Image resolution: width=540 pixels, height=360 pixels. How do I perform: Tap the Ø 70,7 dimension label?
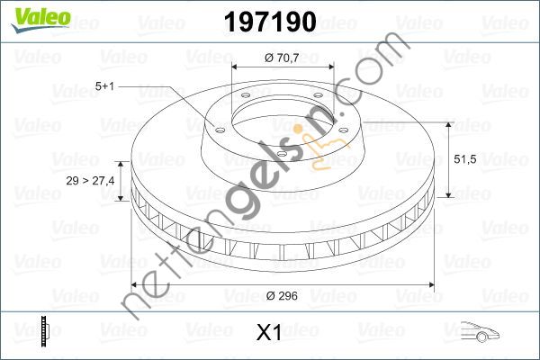point(282,58)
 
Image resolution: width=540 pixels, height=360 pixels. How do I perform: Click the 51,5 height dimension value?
point(463,158)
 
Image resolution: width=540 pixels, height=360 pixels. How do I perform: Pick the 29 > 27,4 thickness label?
point(91,181)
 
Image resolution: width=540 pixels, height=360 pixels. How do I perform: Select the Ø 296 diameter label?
point(282,292)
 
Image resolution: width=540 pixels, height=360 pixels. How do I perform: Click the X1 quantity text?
point(269,333)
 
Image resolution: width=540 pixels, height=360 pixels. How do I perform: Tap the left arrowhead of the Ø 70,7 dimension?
point(236,68)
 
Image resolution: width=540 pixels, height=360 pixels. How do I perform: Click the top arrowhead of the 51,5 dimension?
point(448,123)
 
